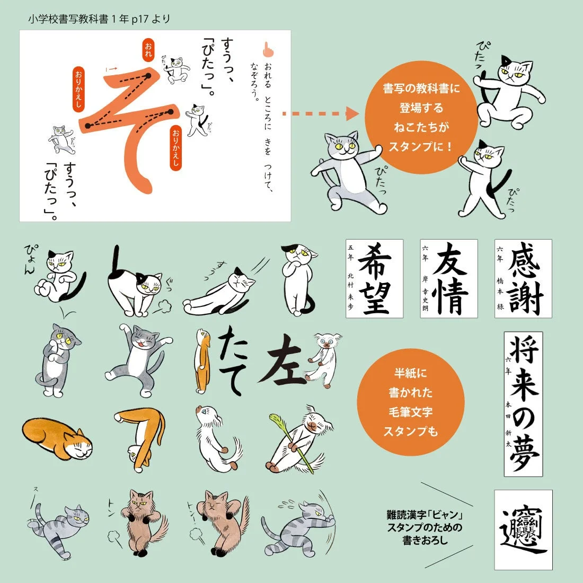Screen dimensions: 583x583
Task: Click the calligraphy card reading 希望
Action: point(374,278)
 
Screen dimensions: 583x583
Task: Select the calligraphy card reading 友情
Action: point(449,278)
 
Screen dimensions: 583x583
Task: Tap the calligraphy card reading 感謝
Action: point(523,278)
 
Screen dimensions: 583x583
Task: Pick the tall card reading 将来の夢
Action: point(523,404)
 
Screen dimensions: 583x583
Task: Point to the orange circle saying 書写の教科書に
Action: point(421,117)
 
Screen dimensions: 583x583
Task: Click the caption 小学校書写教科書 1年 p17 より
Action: point(100,20)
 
